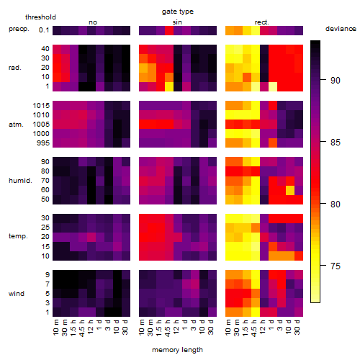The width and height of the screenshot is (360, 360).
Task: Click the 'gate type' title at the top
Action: [x=178, y=12]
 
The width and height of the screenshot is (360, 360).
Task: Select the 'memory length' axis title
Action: [x=177, y=350]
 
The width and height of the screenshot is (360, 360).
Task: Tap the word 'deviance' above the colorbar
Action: [x=341, y=29]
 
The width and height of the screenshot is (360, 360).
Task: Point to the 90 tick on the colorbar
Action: [x=323, y=80]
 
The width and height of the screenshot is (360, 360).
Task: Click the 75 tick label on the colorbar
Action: [x=336, y=266]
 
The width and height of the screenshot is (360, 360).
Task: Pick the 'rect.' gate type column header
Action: [x=261, y=22]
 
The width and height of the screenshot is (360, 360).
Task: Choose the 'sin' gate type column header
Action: [x=177, y=22]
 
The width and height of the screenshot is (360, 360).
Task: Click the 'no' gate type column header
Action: [x=93, y=22]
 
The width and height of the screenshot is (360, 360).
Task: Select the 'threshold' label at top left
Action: [x=40, y=17]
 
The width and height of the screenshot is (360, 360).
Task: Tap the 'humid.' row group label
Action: [x=20, y=181]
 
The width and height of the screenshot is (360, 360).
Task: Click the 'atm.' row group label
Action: [x=16, y=125]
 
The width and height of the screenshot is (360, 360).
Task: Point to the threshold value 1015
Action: [x=41, y=105]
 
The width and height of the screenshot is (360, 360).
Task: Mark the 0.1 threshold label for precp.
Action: [x=44, y=30]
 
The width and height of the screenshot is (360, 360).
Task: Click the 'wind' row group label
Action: [x=17, y=293]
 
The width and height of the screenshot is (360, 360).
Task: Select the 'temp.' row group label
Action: [x=18, y=236]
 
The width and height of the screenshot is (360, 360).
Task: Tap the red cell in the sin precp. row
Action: [x=169, y=30]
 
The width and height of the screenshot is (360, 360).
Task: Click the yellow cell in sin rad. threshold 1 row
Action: [x=169, y=86]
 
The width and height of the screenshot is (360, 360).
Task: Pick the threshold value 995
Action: [x=43, y=143]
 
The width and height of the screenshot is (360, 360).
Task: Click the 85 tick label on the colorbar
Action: [x=336, y=143]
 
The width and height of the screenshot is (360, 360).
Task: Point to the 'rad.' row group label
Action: [x=15, y=68]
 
